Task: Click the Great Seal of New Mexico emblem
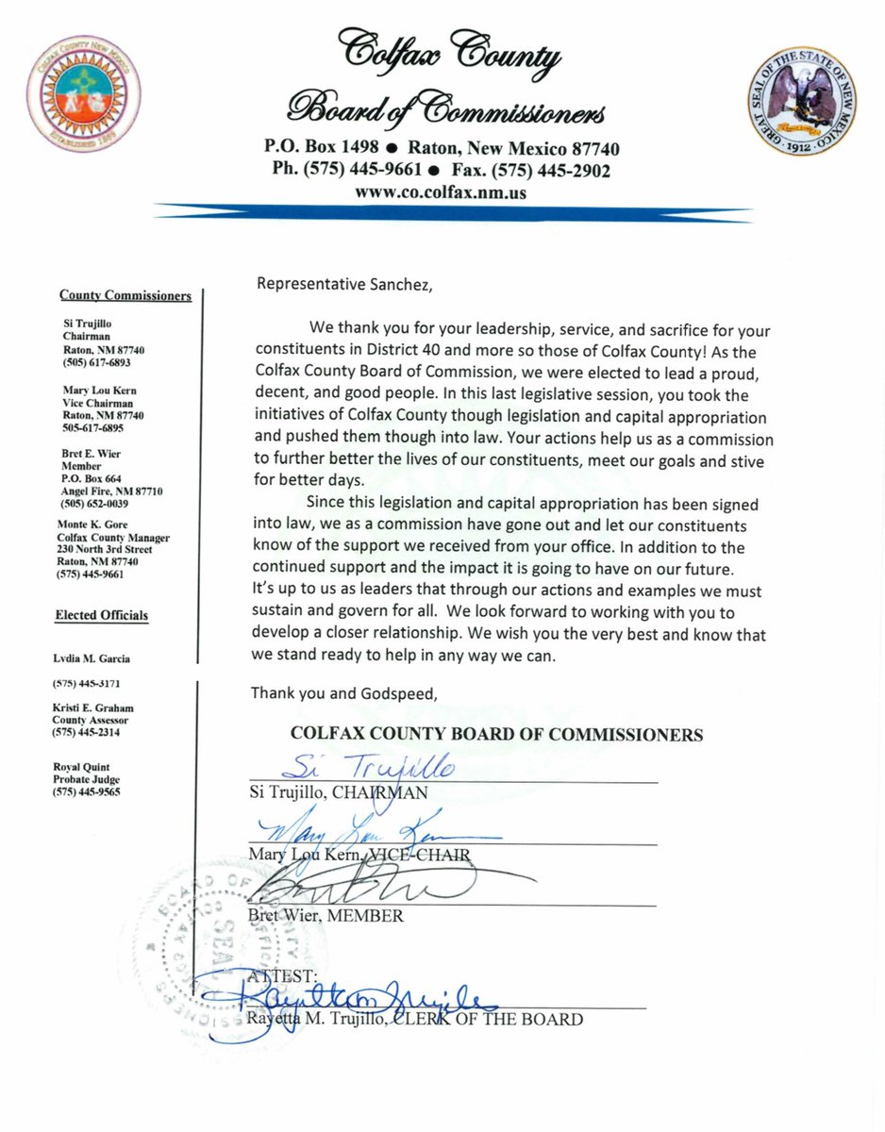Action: coord(802,104)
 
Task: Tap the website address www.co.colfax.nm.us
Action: coord(441,191)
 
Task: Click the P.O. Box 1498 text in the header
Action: coord(321,149)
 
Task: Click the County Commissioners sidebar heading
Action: coord(125,295)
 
